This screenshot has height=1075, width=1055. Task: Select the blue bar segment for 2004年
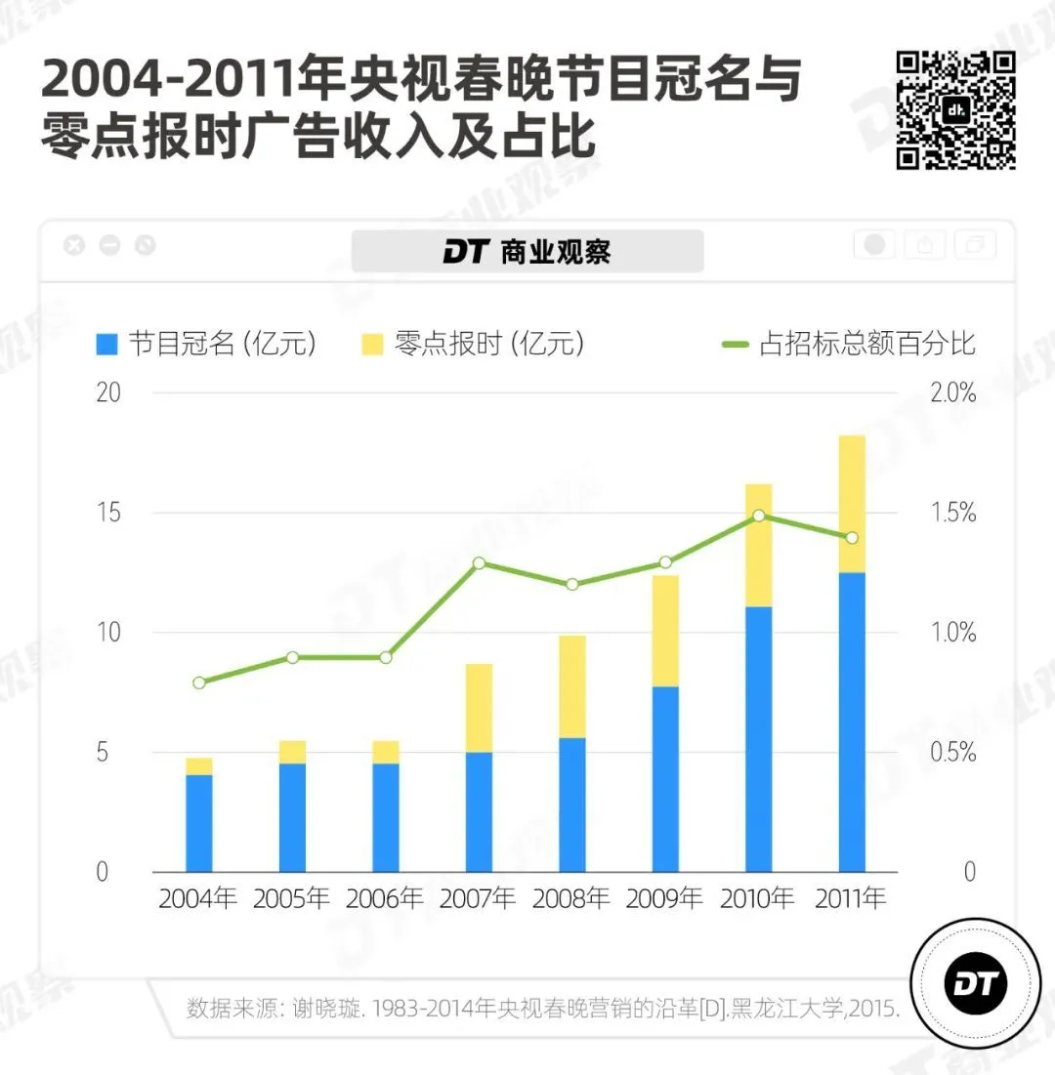point(198,823)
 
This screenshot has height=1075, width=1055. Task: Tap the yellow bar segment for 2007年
point(479,708)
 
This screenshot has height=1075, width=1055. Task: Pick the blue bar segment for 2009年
point(665,779)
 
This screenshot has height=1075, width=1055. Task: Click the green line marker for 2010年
point(759,516)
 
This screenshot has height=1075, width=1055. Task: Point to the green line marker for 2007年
point(479,563)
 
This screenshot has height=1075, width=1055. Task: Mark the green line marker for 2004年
point(199,682)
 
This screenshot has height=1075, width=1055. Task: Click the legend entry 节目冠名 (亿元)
point(206,344)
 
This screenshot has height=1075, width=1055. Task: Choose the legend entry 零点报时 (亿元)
point(473,344)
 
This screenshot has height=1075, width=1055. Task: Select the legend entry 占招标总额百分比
point(850,344)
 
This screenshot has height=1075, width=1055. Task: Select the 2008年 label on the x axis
point(571,898)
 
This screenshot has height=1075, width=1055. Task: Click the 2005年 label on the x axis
point(291,898)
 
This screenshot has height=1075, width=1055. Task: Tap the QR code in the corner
point(955,110)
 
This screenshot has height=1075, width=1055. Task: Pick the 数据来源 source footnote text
point(542,1009)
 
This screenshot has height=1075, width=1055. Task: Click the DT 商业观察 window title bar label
point(527,252)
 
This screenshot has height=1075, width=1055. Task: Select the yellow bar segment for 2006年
point(385,752)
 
